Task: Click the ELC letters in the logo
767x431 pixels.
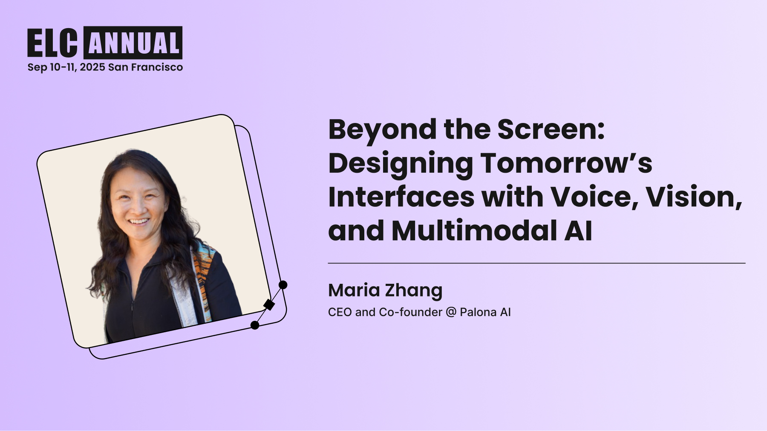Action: [52, 43]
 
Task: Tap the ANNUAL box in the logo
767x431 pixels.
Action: [133, 43]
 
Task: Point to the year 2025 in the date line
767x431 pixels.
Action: [92, 67]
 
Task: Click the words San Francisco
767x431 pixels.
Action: [145, 67]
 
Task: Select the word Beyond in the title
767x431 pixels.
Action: [382, 130]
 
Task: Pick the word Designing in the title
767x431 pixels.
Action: [400, 164]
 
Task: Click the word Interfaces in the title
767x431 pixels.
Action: [401, 197]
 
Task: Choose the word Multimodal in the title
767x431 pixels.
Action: [473, 231]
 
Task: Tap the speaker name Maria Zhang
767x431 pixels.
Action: [385, 291]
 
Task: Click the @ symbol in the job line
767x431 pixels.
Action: [451, 312]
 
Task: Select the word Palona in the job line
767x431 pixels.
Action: [478, 312]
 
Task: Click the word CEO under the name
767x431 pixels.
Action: [340, 312]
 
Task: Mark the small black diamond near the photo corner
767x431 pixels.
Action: [269, 305]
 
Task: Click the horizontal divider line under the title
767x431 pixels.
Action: [536, 263]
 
